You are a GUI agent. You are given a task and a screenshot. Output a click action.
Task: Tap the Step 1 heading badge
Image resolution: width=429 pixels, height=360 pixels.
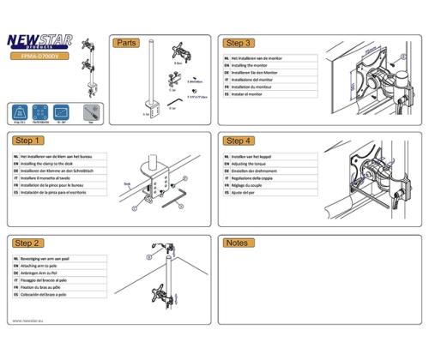pyautogui.click(x=29, y=140)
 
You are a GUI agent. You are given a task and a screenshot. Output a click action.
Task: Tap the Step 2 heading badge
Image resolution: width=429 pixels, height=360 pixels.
pyautogui.click(x=29, y=243)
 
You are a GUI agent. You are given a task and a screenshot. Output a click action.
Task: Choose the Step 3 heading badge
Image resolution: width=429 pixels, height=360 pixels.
pyautogui.click(x=238, y=42)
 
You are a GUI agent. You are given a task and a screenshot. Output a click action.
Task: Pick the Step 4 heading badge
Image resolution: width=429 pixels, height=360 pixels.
pyautogui.click(x=238, y=140)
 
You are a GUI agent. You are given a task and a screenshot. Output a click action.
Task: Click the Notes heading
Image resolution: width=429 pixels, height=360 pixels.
pyautogui.click(x=236, y=243)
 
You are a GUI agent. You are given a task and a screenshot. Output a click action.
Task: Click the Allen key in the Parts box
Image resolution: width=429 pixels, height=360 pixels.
pyautogui.click(x=172, y=100)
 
